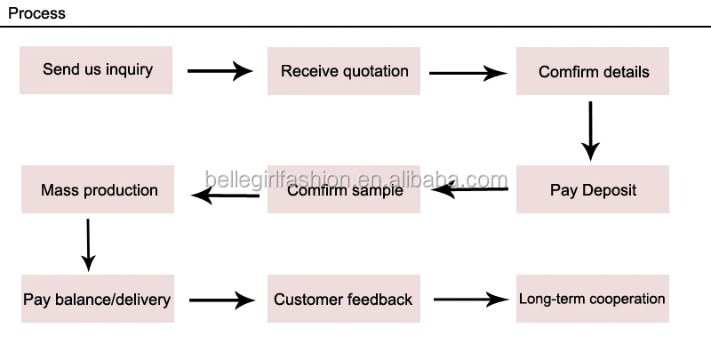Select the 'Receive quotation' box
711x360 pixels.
[343, 71]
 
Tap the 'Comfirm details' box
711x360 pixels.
[593, 71]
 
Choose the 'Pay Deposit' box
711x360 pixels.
[593, 189]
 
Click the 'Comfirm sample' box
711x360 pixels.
[343, 189]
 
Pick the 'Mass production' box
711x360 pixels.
[98, 189]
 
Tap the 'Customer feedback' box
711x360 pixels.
[343, 300]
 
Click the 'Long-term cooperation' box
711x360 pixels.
[592, 299]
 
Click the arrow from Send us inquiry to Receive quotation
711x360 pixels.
[220, 71]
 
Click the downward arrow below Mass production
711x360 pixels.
[87, 244]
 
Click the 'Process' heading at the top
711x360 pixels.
[36, 13]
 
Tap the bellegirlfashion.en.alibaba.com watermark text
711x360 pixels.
[355, 180]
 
